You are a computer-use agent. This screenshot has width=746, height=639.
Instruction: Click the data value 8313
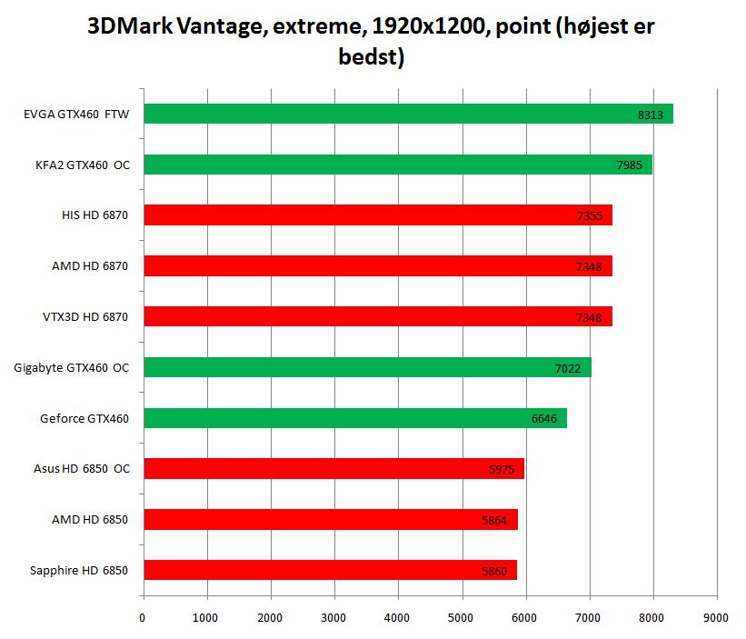click(x=651, y=115)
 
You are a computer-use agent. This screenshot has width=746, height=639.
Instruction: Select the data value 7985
click(x=630, y=165)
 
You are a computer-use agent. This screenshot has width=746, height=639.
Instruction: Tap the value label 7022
click(x=568, y=368)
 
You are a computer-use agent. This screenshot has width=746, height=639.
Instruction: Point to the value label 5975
click(x=502, y=470)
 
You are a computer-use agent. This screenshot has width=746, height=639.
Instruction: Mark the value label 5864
click(x=494, y=521)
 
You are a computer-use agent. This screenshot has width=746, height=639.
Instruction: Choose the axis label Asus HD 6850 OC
click(x=80, y=469)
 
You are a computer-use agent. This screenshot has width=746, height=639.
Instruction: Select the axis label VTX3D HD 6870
click(x=86, y=316)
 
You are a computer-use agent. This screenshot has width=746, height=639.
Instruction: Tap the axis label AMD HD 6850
click(x=89, y=520)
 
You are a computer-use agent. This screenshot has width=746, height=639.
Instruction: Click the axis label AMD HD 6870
click(x=89, y=265)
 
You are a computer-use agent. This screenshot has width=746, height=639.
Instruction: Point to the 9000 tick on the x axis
click(x=716, y=617)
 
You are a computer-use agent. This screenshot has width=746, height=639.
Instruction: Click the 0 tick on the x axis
click(x=143, y=617)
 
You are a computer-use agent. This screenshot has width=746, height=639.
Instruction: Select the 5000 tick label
click(x=462, y=617)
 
